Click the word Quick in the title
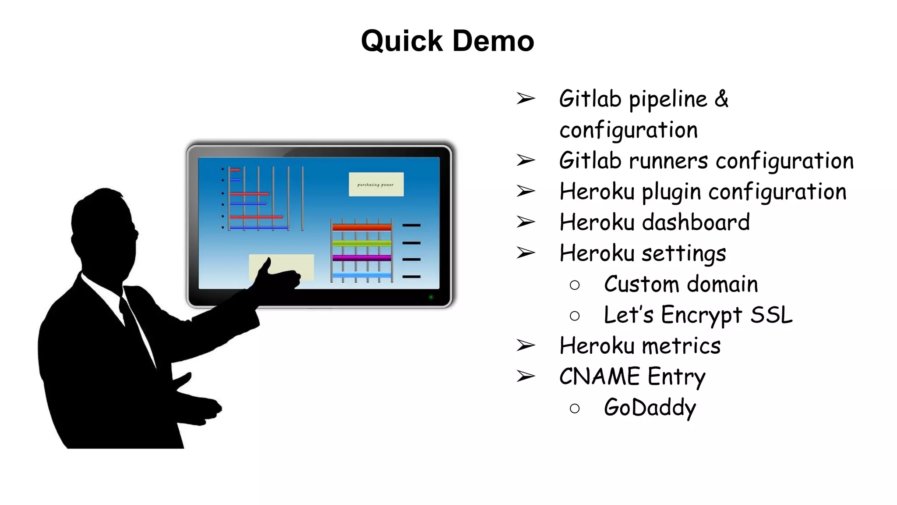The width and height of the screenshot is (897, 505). [402, 41]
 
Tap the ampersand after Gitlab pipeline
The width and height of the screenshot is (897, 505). [721, 99]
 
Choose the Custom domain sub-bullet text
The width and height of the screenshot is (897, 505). [681, 284]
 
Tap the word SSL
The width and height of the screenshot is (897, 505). [771, 315]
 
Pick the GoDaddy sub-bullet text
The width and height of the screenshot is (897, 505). [650, 408]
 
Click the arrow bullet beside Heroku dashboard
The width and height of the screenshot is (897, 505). [526, 222]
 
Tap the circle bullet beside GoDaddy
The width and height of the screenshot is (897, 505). [575, 409]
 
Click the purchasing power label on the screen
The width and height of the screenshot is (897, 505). [376, 185]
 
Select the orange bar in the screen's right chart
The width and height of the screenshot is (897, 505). [361, 227]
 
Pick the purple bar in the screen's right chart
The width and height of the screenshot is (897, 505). [361, 258]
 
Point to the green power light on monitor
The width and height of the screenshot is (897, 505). [431, 297]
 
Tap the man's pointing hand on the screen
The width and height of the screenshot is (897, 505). [280, 276]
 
